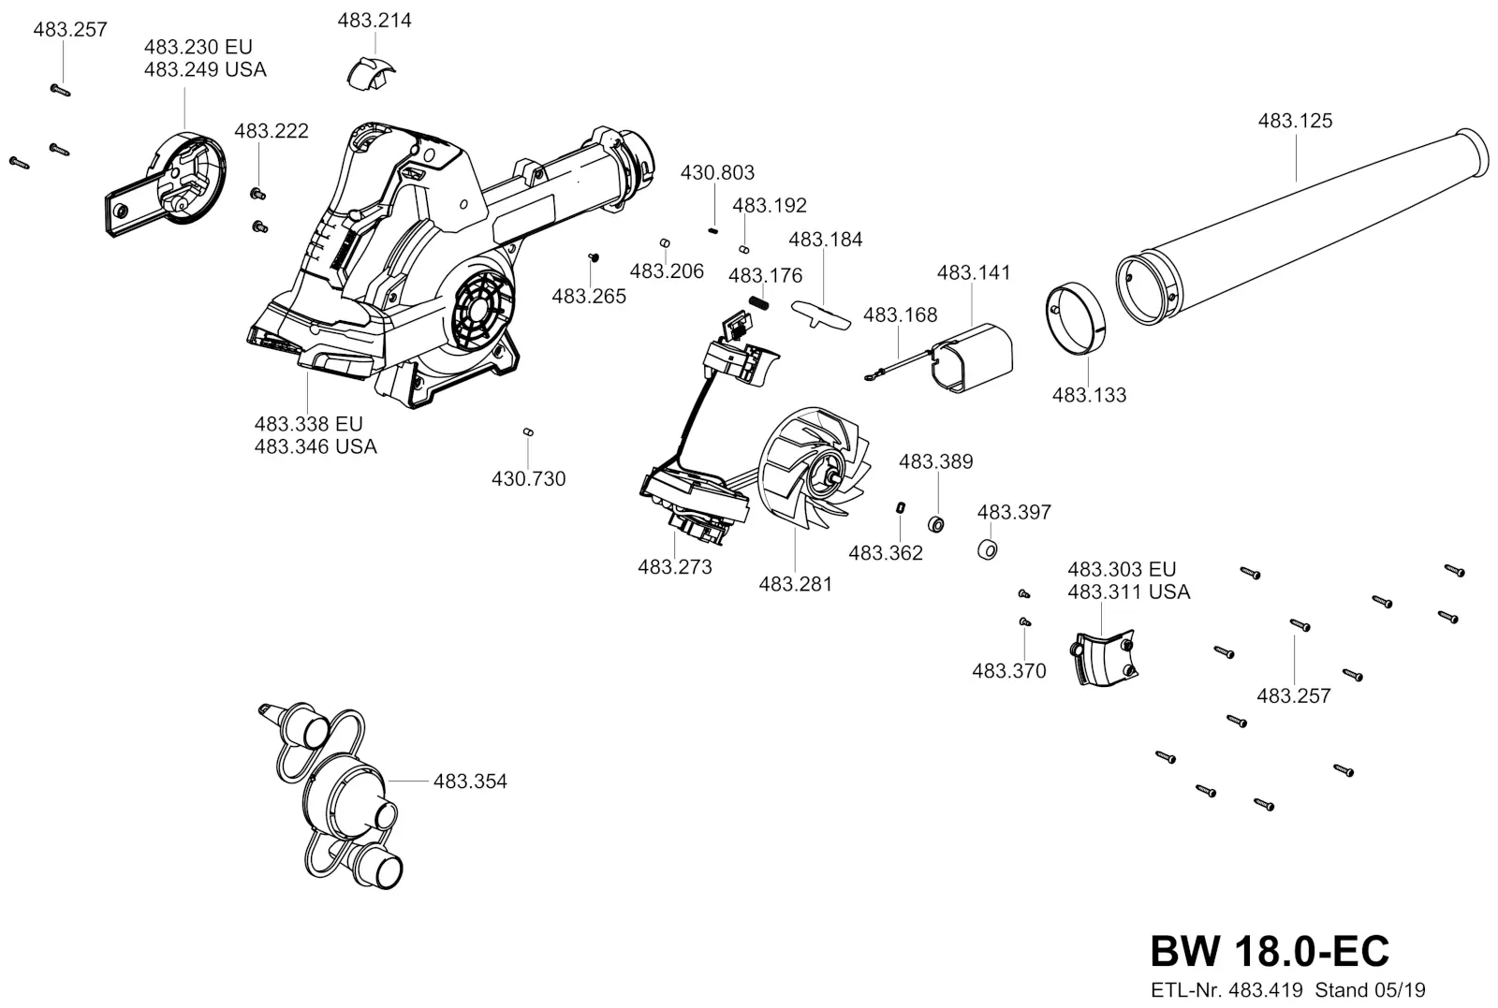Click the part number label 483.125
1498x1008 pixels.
tap(1295, 121)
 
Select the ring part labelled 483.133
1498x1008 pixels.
tap(1076, 319)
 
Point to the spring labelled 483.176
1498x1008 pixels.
tap(758, 303)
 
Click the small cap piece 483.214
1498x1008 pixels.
tap(371, 74)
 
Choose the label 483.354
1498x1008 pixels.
tap(470, 781)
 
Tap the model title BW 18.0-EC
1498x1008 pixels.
tap(1270, 951)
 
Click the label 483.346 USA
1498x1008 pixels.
tap(316, 446)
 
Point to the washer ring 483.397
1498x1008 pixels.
tap(987, 550)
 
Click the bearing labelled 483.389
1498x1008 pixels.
tap(936, 524)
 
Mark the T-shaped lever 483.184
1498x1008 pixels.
tap(820, 314)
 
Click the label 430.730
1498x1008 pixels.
tap(528, 478)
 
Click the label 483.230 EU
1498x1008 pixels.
tap(198, 47)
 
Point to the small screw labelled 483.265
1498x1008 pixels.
tap(593, 256)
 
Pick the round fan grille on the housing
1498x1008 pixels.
tap(483, 309)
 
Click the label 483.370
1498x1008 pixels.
tap(1008, 670)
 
